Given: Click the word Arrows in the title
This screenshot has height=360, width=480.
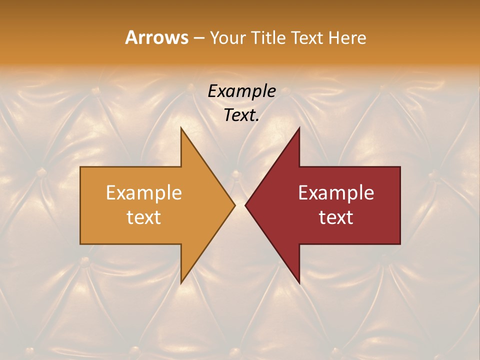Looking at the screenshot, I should click(x=156, y=37).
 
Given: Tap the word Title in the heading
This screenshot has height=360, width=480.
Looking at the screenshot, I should click(x=268, y=38).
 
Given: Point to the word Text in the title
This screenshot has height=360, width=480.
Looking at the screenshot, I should click(x=307, y=38).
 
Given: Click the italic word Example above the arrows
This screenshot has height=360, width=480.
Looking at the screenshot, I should click(x=241, y=91).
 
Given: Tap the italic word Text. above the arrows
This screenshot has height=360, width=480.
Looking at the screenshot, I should click(x=241, y=115).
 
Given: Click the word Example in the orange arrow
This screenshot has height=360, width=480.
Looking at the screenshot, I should click(x=144, y=193).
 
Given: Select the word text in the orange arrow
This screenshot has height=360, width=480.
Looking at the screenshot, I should click(x=144, y=217).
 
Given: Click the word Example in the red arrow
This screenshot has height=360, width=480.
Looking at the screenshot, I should click(x=336, y=193).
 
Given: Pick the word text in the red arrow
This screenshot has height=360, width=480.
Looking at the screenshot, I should click(x=336, y=217).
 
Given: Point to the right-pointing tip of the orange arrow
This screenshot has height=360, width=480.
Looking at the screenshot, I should click(x=235, y=205).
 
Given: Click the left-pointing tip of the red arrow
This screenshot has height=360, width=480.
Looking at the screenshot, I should click(x=245, y=205).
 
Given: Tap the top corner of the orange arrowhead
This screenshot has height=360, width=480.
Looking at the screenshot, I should click(x=181, y=127).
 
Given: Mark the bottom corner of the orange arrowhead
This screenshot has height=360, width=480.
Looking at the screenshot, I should click(x=181, y=283).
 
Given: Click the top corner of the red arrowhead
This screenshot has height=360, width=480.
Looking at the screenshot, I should click(x=299, y=127).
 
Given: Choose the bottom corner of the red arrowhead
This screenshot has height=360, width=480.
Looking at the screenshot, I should click(x=299, y=283).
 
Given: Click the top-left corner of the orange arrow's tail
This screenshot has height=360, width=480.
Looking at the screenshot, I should click(x=80, y=167).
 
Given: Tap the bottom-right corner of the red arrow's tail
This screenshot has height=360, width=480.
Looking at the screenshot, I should click(x=400, y=243).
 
